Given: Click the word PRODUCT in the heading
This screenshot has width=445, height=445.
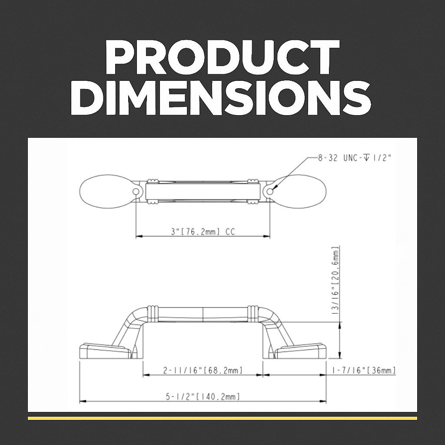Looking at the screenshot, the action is (x=222, y=57).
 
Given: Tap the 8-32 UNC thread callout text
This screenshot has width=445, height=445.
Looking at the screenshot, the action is (x=355, y=158).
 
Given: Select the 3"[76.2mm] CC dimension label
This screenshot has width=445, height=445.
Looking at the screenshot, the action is (x=203, y=232).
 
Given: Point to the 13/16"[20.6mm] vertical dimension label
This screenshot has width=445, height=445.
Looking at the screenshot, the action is (x=336, y=280).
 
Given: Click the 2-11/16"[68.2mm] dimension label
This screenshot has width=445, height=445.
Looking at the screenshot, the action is (x=203, y=370).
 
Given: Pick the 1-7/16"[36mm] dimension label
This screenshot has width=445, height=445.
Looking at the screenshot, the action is (x=364, y=370).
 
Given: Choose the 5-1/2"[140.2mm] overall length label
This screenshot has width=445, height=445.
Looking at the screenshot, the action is (x=203, y=396).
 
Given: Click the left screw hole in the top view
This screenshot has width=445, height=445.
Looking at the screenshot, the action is (x=136, y=192).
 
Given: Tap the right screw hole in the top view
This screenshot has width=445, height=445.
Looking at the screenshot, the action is (x=270, y=192).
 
